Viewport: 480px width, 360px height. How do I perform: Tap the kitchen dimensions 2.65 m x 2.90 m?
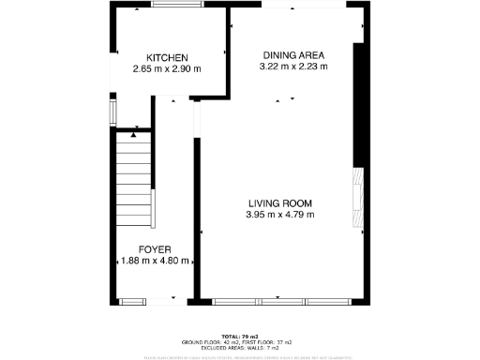point(167,69)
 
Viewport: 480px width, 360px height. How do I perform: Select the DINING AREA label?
point(294,55)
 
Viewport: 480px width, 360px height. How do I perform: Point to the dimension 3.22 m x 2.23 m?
point(294,67)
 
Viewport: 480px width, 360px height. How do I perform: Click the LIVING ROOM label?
point(279,203)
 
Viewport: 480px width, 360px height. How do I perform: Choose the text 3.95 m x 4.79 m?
point(279,215)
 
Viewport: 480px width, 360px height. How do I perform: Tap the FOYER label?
point(155,249)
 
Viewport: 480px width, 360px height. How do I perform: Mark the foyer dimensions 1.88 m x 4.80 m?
point(156,262)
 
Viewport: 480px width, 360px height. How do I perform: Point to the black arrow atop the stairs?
point(134,135)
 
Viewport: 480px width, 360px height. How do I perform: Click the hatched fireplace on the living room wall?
point(356,198)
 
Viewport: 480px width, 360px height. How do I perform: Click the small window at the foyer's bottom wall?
point(132,302)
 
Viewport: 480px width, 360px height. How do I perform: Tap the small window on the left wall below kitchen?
point(112,112)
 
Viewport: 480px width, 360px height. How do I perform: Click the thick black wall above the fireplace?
point(356,103)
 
